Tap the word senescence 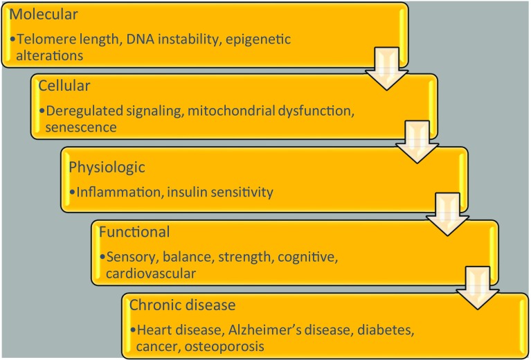coord(76,128)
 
